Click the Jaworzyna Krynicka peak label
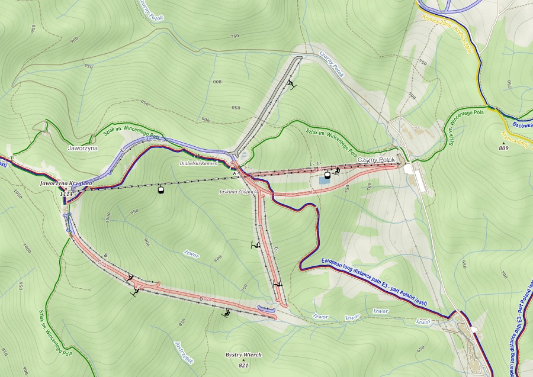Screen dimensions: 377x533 point(65,184)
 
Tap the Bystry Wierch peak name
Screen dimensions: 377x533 point(243,355)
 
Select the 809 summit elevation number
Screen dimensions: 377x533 point(504,148)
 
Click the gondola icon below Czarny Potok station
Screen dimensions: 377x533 point(327,175)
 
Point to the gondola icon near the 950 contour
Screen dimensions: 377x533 point(159,190)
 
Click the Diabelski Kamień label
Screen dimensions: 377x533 point(199,162)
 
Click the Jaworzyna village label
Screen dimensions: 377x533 point(82,149)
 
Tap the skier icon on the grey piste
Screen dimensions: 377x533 point(290,84)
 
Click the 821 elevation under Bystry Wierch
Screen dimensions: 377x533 point(243,365)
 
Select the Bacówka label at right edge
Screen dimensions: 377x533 point(520,125)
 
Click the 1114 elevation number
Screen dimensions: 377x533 point(66,194)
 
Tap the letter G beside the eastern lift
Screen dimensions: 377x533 point(276,249)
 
